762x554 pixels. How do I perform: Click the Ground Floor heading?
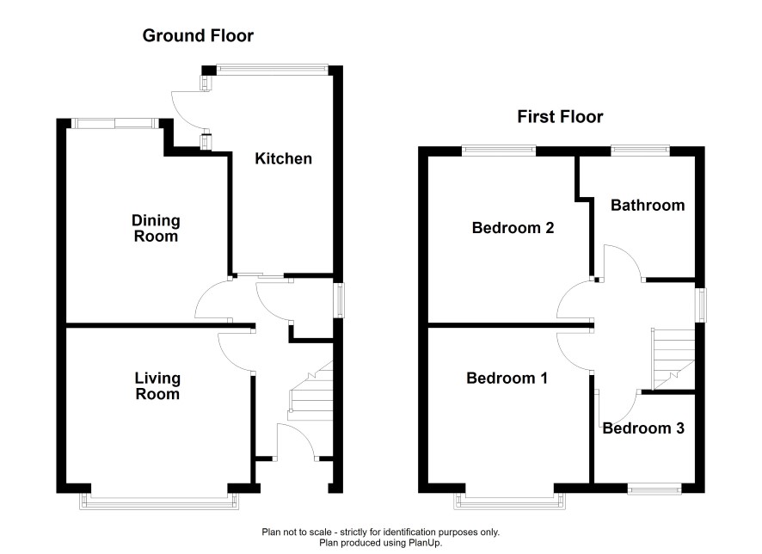(x=198, y=36)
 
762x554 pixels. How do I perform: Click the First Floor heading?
(x=560, y=117)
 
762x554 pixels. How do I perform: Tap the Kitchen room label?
(x=283, y=158)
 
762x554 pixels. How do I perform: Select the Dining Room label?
(x=156, y=229)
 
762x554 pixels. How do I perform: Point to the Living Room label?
(x=157, y=386)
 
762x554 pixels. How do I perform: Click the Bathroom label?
(x=648, y=205)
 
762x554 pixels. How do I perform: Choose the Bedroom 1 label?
(x=507, y=379)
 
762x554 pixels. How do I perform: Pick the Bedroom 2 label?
(x=513, y=227)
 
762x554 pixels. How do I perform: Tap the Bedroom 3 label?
(x=643, y=428)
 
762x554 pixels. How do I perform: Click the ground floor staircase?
(x=311, y=392)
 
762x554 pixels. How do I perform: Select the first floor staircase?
(x=673, y=360)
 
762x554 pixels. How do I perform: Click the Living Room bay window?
(x=159, y=501)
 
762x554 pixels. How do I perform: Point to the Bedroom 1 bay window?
(x=510, y=501)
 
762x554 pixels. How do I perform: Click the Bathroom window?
(x=640, y=150)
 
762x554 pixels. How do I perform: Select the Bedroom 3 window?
(x=654, y=489)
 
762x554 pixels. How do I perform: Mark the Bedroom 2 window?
(x=499, y=151)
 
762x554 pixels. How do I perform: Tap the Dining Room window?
(x=115, y=123)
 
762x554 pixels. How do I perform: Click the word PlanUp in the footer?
(x=427, y=542)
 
